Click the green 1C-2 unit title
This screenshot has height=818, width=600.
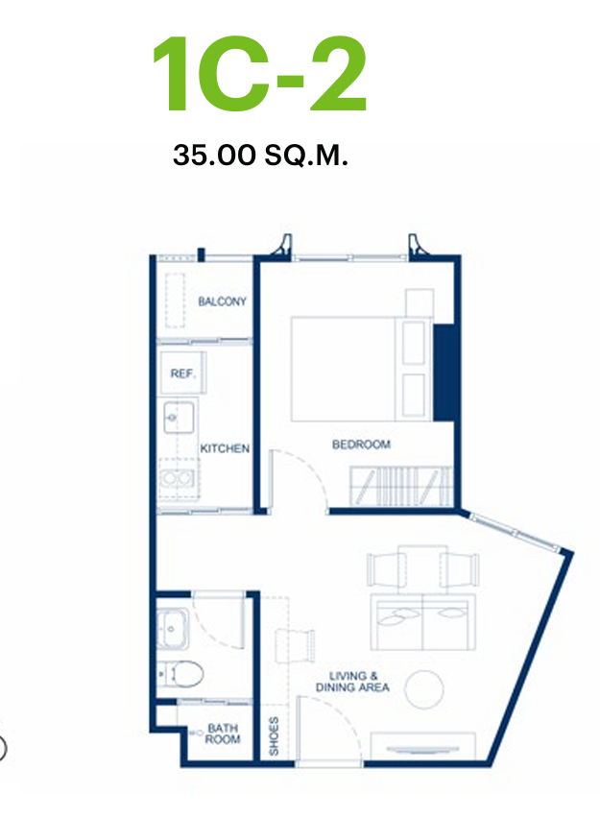coord(260,75)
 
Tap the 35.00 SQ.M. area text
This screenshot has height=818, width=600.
coord(260,155)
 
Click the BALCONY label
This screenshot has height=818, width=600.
coord(222,301)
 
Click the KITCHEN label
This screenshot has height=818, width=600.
coord(225,448)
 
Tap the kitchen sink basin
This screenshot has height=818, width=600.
coord(179,417)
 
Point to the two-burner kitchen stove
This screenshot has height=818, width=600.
coord(178,477)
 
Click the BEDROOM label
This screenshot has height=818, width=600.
coord(361,445)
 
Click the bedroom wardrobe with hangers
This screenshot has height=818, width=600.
coord(400,486)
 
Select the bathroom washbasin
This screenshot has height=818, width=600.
coord(172,628)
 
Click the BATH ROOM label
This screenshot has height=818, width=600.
coord(223,734)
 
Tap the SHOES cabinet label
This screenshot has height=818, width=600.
coord(274,735)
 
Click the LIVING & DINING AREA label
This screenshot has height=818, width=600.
coord(352,682)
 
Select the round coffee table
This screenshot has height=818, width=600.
coord(424,689)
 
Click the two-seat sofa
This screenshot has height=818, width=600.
coord(423,622)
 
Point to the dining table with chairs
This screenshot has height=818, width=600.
coord(422,569)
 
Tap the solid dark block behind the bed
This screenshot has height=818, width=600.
coord(444,373)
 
